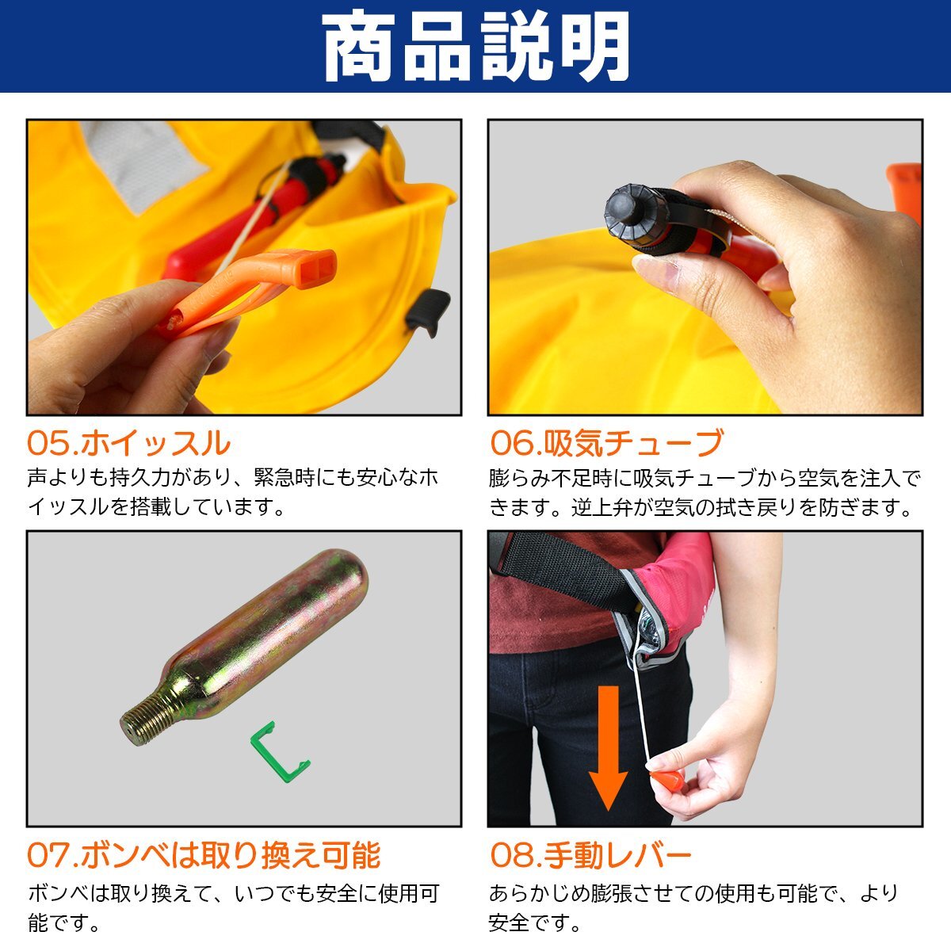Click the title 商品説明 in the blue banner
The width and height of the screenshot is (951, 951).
475,46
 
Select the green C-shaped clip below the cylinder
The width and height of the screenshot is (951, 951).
278,752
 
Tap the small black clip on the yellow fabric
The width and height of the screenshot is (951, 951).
429,311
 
